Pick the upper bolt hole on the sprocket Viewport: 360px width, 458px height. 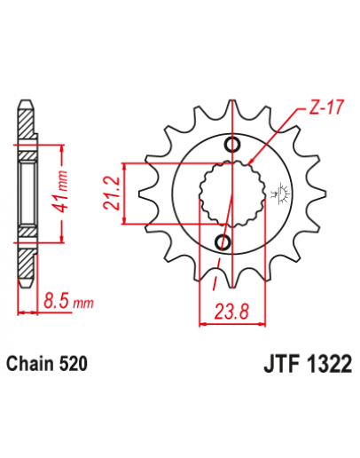[x=233, y=146]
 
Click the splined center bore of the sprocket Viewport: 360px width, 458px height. [x=228, y=193]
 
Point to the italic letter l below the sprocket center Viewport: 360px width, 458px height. [x=215, y=283]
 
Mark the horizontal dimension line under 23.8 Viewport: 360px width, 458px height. [x=227, y=323]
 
